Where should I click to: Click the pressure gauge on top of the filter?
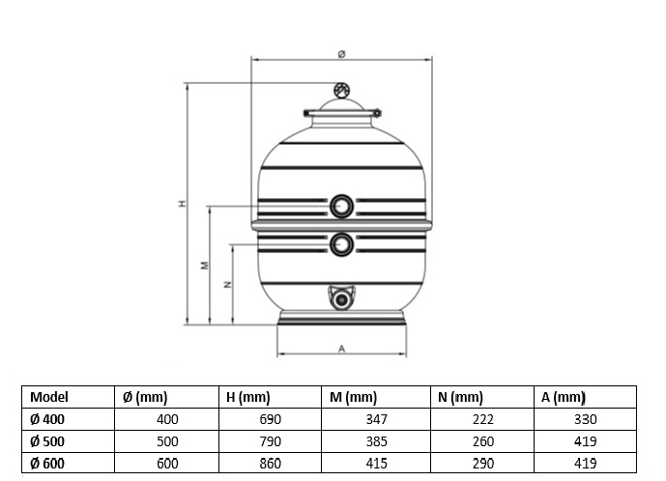click(341, 90)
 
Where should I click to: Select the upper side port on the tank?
click(341, 207)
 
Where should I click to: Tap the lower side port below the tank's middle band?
click(341, 244)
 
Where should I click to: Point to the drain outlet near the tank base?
click(341, 298)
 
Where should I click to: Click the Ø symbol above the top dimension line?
click(341, 54)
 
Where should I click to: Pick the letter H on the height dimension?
click(183, 203)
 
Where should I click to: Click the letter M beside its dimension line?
click(205, 266)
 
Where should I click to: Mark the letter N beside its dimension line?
click(228, 284)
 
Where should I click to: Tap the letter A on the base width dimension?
click(342, 349)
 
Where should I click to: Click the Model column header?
click(49, 397)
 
